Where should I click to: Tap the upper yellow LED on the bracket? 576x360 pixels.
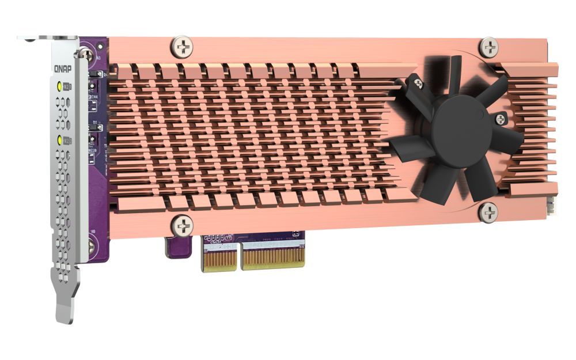pos(60,87)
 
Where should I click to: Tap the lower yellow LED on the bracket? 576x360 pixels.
pos(60,140)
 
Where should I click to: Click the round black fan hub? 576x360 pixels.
pos(461,131)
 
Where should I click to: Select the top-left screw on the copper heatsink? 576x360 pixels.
pos(183,47)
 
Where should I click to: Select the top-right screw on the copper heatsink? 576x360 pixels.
pos(489,47)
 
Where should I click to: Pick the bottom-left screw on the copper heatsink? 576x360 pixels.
pos(183,225)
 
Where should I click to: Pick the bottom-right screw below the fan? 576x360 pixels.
pos(488,213)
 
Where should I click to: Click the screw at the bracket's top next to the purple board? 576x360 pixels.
pos(86,55)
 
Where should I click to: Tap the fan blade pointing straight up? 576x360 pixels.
pos(454,75)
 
